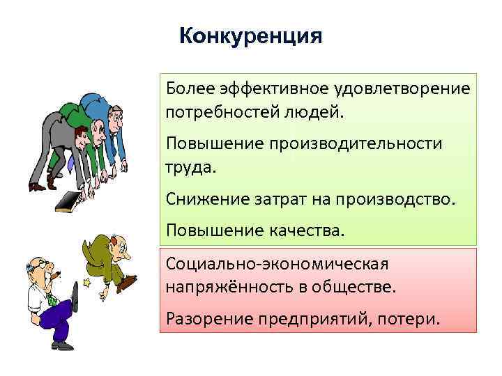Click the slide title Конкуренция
pyautogui.click(x=250, y=36)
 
